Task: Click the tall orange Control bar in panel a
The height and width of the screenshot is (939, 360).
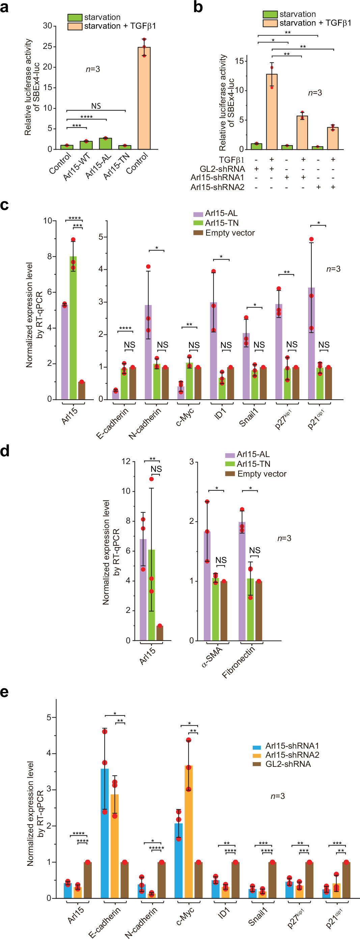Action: point(144,99)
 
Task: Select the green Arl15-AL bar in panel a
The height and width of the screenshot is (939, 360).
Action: point(105,144)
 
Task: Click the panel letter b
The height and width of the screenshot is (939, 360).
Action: point(198,7)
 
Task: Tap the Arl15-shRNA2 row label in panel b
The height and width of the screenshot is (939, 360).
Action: point(217,187)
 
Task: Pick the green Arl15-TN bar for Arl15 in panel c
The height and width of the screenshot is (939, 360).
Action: point(73,328)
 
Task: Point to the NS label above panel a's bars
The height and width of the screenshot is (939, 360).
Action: point(96,106)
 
